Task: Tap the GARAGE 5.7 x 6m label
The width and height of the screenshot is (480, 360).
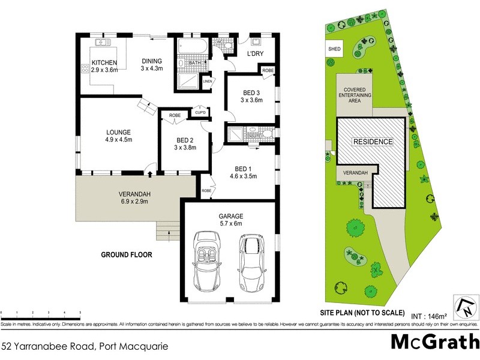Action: coord(230,220)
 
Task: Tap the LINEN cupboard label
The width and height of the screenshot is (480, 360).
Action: coord(208,81)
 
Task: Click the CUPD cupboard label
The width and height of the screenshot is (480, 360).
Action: coord(199,112)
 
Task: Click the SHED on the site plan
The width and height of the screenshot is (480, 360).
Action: coord(333,49)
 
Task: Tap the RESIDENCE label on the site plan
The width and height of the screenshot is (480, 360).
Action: coord(372,142)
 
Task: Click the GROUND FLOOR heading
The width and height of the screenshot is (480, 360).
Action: coord(127,255)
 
